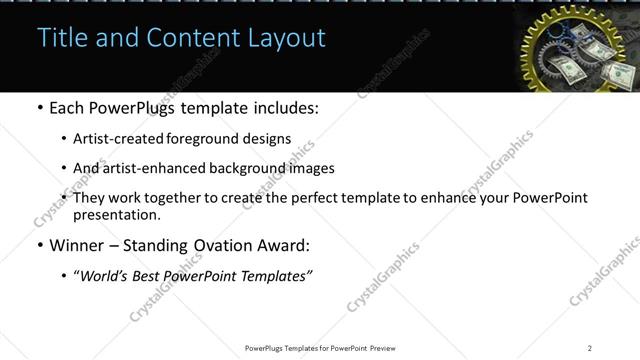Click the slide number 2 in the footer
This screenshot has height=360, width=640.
tap(590, 348)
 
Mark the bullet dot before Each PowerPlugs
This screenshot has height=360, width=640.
tap(39, 108)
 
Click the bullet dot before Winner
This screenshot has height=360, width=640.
tap(39, 245)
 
